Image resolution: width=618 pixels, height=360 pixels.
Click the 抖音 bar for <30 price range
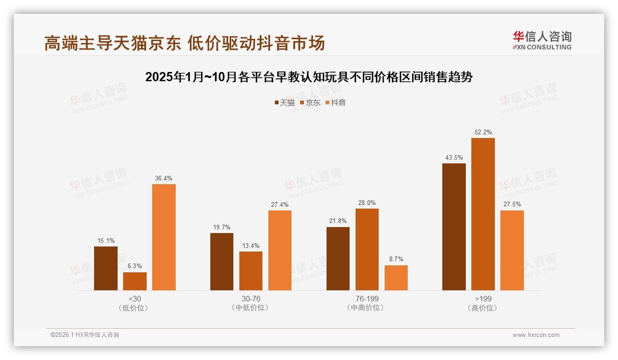pos(164,237)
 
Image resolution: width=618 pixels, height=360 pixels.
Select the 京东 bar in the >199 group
pos(483,214)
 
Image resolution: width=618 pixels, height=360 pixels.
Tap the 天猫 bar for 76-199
pos(338,258)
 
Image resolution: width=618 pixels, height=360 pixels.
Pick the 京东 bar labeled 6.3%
pos(135,281)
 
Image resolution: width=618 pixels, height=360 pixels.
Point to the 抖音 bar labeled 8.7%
pos(396,278)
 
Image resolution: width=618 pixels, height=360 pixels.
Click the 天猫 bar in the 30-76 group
pos(222,262)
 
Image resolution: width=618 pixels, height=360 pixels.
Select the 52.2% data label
pos(483,132)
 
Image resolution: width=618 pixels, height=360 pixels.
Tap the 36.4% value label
pos(164,179)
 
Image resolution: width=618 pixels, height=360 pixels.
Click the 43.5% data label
pos(454,158)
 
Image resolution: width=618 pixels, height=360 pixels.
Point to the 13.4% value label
pos(251,246)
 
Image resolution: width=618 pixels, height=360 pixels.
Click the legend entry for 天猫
pos(285,103)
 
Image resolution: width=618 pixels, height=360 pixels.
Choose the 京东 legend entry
pos(310,103)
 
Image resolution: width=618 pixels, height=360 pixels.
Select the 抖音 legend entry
pos(335,103)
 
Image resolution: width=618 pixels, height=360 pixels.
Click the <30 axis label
pos(135,299)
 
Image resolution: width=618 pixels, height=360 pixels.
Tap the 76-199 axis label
pos(367,299)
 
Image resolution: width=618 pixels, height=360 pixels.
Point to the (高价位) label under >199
pos(483,308)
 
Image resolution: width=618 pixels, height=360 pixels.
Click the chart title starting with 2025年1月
pos(309,77)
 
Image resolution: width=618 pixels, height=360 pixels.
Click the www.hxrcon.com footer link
pos(536,335)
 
